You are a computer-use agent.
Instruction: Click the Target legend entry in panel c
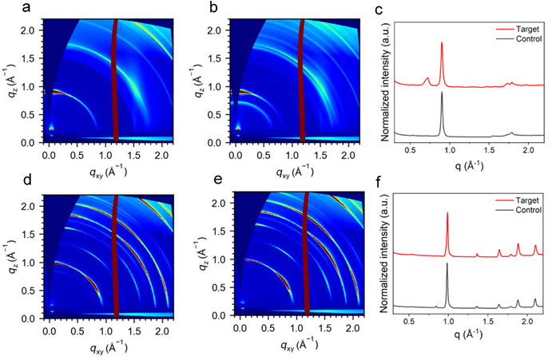pos(525,26)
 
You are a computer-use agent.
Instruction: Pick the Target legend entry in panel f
pos(525,200)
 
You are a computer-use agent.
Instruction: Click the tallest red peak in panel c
pos(442,45)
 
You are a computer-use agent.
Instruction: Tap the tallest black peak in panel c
pos(442,93)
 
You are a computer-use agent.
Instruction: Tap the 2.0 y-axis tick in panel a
pos(30,30)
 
